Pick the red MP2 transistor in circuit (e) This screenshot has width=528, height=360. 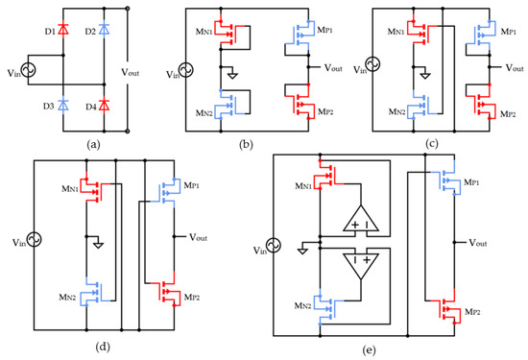447,309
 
